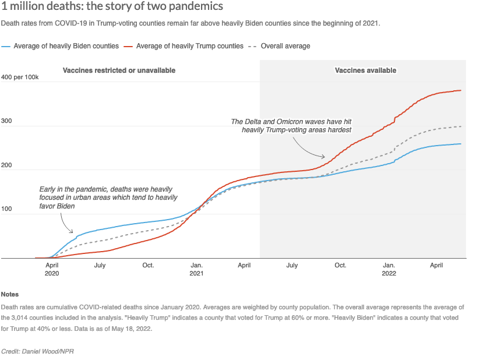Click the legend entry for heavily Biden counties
click(66, 45)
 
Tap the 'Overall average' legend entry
click(285, 45)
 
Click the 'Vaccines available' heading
click(365, 70)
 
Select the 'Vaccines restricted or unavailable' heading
click(119, 70)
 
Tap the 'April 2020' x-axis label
click(52, 269)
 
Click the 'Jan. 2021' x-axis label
click(197, 269)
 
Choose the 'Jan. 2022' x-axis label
click(389, 269)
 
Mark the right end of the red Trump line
click(461, 90)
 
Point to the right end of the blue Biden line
click(461, 144)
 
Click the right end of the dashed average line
click(461, 126)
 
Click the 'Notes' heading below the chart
click(10, 294)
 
